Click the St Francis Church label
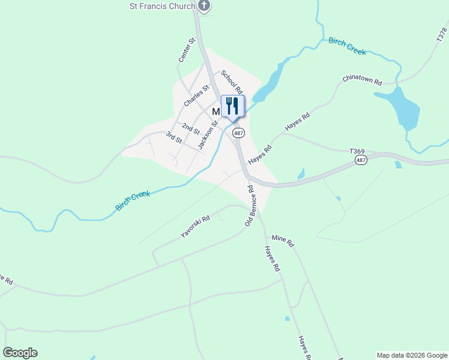tap(163, 6)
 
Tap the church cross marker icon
tap(204, 6)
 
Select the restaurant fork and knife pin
tap(233, 106)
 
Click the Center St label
tap(187, 50)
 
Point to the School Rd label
tap(232, 83)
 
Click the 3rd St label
tap(174, 137)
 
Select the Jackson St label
tap(207, 134)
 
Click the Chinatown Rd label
tap(362, 79)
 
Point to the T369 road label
tap(358, 151)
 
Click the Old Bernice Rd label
tap(251, 206)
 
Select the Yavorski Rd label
tap(195, 227)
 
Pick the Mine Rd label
tap(282, 241)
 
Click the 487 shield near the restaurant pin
tap(239, 133)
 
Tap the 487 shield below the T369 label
tap(361, 161)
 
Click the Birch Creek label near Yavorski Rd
tap(133, 200)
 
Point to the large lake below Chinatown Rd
tap(403, 108)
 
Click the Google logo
tap(20, 353)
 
